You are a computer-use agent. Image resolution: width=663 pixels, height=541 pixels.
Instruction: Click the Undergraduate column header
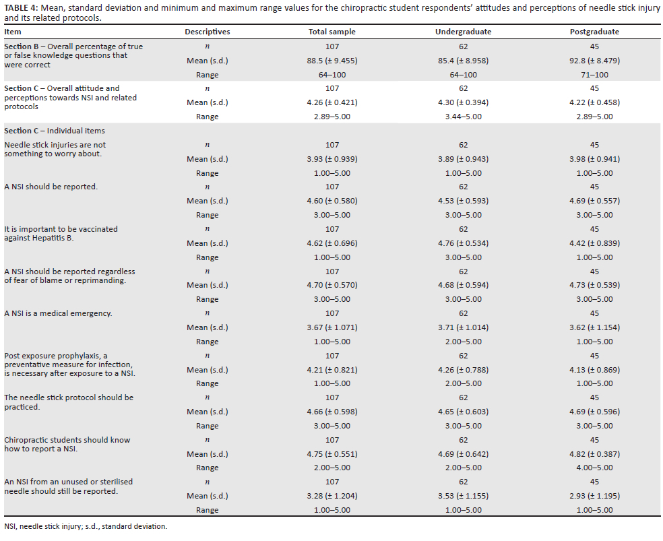click(x=463, y=32)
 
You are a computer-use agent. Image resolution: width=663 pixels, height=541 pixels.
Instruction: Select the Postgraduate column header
click(x=594, y=32)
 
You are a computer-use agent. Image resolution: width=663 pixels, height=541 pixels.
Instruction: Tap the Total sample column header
click(x=332, y=32)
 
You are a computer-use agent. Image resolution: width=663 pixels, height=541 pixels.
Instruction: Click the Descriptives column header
click(x=208, y=32)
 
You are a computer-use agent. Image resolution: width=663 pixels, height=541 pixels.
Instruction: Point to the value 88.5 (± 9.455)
click(x=332, y=61)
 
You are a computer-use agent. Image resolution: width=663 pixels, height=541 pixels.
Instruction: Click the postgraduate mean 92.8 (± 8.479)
click(x=594, y=61)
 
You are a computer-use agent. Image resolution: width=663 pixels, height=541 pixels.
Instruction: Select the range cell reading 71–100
click(x=594, y=75)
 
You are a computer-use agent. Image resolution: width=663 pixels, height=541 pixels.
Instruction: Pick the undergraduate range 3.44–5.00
click(x=463, y=117)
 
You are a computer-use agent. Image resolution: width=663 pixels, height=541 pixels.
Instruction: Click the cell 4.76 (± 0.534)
click(x=463, y=243)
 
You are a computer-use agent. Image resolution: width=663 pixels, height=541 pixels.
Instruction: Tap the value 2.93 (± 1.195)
click(x=594, y=496)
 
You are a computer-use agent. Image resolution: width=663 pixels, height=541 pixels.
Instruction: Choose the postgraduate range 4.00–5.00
click(x=594, y=468)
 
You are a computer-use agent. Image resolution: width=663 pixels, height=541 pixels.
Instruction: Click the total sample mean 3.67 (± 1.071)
click(x=332, y=327)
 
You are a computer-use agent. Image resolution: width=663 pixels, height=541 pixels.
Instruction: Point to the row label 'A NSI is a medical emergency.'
click(x=58, y=313)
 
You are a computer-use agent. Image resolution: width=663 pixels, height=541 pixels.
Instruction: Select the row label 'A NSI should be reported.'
click(x=51, y=187)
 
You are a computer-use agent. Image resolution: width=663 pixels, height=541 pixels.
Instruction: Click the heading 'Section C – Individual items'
click(x=55, y=131)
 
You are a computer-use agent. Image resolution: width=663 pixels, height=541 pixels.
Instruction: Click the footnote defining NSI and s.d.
click(x=86, y=526)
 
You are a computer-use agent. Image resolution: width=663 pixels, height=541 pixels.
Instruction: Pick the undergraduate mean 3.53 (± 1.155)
click(x=463, y=496)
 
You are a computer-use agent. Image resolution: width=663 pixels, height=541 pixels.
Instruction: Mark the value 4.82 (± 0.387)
click(x=594, y=454)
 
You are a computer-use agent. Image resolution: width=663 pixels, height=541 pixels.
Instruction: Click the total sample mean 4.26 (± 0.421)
click(x=332, y=102)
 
